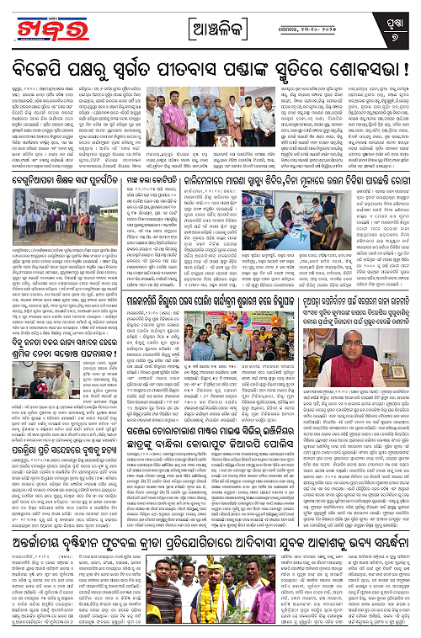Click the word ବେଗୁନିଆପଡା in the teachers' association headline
[35, 182]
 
